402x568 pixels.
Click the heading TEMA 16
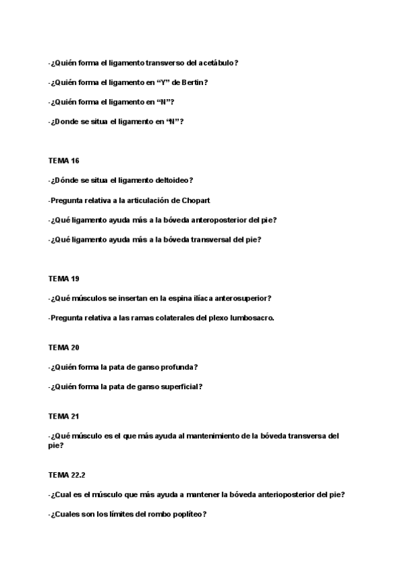click(64, 161)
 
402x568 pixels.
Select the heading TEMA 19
click(64, 279)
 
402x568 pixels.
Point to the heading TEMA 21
click(64, 416)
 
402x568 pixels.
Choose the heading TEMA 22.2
click(66, 475)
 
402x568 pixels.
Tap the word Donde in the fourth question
click(64, 121)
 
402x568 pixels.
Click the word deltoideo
click(172, 180)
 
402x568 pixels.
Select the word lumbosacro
click(251, 318)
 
